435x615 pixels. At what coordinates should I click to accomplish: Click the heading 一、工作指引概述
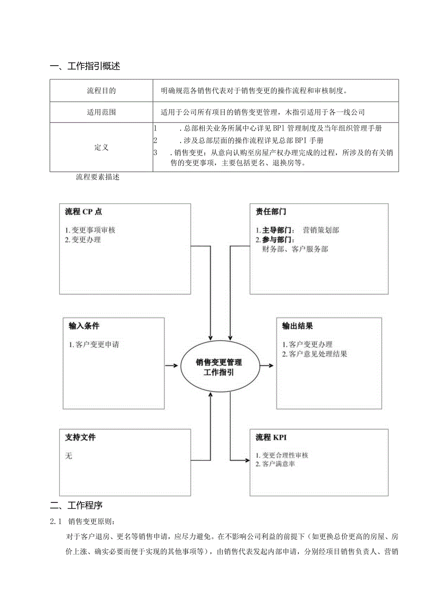(x=85, y=66)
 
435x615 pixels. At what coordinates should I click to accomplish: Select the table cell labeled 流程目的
(x=101, y=90)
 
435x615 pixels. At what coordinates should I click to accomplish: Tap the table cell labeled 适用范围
(x=101, y=113)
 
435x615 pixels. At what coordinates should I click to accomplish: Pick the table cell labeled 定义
(x=101, y=147)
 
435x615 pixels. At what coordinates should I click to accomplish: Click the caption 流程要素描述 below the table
(x=98, y=178)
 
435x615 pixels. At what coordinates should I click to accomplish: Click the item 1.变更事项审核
(x=90, y=230)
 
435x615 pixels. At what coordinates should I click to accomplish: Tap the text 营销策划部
(x=321, y=230)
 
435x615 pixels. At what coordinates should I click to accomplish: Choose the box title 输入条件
(x=84, y=326)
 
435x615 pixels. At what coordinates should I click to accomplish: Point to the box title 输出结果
(x=297, y=326)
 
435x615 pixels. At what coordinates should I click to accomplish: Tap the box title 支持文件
(x=80, y=437)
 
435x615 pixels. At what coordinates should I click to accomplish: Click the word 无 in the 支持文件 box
(x=69, y=456)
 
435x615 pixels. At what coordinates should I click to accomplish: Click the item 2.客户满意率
(x=276, y=464)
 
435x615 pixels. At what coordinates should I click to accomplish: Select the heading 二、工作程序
(x=77, y=505)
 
